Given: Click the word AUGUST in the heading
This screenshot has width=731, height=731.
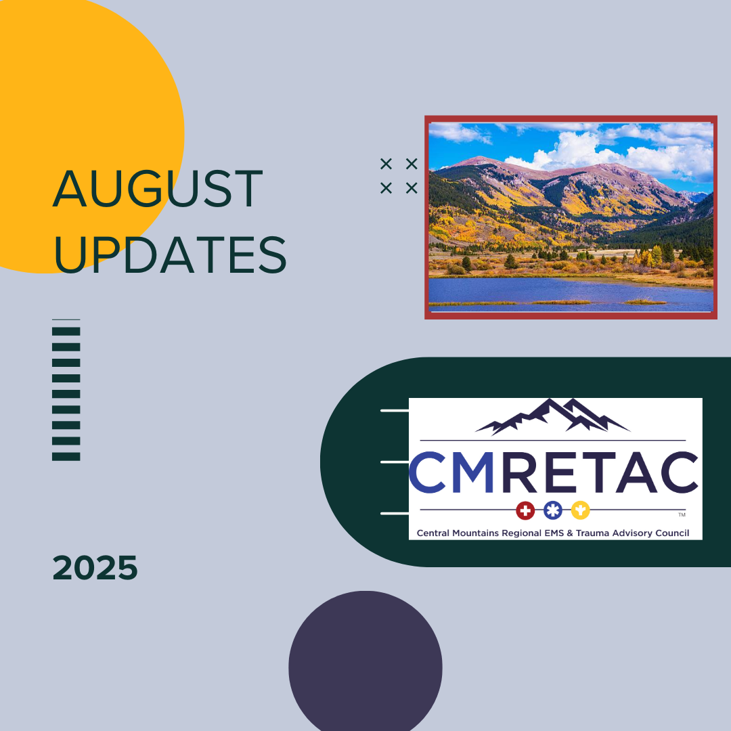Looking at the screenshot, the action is (x=158, y=189).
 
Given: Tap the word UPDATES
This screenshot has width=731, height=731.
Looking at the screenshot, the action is (x=170, y=254).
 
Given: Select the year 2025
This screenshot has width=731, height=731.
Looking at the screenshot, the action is (x=95, y=568).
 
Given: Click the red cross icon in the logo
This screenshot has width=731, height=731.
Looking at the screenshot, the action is (x=525, y=510).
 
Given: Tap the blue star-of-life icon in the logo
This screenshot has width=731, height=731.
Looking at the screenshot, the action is (x=552, y=510).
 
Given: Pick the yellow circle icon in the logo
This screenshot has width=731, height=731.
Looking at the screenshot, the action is (x=581, y=510).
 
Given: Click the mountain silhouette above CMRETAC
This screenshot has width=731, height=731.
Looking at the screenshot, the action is (x=552, y=416).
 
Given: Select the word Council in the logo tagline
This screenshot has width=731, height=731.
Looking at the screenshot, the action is (x=672, y=533).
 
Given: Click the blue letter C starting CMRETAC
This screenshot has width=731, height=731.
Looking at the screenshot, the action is (x=428, y=472).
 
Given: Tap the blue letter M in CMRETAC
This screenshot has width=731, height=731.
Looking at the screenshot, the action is (x=472, y=472).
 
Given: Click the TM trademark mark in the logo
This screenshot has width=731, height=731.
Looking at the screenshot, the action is (x=682, y=514).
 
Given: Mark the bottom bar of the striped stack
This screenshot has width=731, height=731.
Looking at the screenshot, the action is (x=66, y=456).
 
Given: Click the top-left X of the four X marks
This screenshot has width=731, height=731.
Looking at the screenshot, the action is (x=386, y=164).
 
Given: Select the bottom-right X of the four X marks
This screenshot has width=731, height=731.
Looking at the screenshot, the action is (x=412, y=188).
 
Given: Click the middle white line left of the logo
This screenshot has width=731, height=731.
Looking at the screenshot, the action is (x=395, y=462).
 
